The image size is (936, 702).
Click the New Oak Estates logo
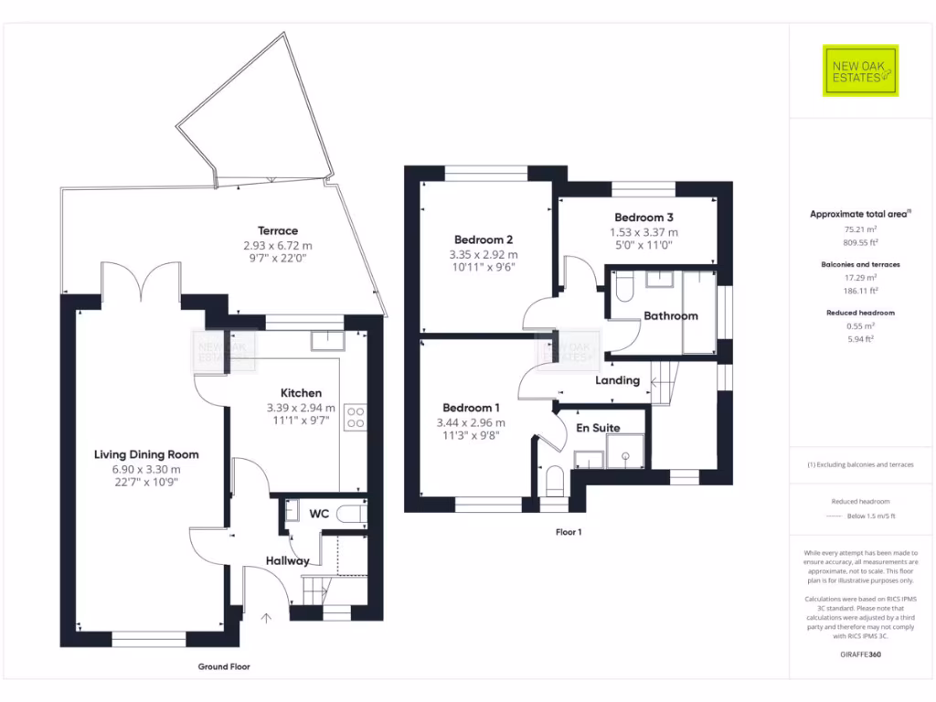coord(861,70)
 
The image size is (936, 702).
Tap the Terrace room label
coord(278,231)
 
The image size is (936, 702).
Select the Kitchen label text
coord(301,393)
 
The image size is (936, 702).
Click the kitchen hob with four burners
coord(356,418)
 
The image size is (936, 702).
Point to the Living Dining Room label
coord(146,454)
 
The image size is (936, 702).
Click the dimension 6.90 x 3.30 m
coord(146,469)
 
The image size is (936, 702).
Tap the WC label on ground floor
coord(319,514)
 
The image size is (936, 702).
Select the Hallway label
coord(288,560)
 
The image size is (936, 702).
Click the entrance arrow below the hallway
coord(267,619)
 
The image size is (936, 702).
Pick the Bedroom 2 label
coord(484,240)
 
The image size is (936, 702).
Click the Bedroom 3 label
coord(643,218)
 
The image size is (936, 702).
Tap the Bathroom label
coord(670,316)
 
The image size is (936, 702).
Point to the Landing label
coord(618,380)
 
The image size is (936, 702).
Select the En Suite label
coord(598,428)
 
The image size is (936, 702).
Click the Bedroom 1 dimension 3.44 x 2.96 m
coord(471,422)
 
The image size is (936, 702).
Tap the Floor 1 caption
coord(569,531)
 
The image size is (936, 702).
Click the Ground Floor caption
coord(224,666)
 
